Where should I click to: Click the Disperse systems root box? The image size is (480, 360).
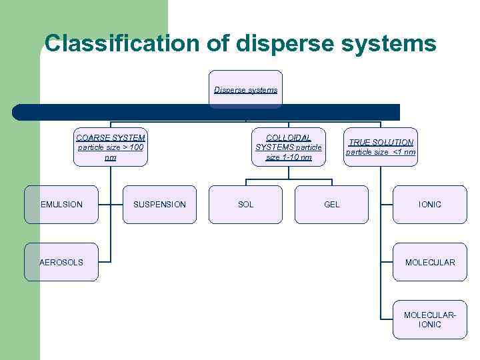click(246, 89)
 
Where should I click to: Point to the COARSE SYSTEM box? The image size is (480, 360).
click(111, 147)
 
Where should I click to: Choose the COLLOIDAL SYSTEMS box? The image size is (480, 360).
click(289, 147)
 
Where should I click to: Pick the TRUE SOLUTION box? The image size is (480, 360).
click(381, 147)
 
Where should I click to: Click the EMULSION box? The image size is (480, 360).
click(61, 204)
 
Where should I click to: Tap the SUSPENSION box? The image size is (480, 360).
click(160, 204)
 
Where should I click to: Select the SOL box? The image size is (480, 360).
click(246, 204)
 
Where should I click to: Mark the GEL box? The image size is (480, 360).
click(331, 204)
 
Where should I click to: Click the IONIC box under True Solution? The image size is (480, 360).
click(430, 204)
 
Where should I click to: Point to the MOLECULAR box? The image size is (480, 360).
click(430, 262)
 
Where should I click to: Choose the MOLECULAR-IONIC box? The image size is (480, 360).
click(430, 319)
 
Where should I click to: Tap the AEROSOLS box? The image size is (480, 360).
click(61, 262)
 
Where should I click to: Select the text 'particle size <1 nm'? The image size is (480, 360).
click(381, 152)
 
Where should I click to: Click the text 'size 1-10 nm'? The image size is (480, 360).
click(289, 157)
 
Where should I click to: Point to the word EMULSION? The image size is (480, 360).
click(61, 204)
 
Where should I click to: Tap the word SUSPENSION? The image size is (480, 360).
click(160, 204)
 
